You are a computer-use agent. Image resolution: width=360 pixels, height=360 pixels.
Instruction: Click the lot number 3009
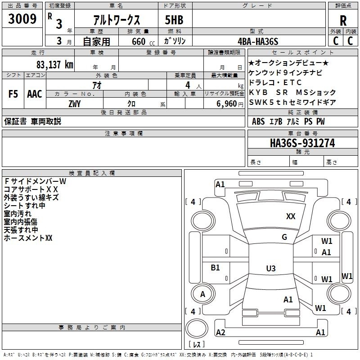pyautogui.click(x=22, y=19)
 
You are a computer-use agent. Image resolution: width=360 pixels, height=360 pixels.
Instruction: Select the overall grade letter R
pyautogui.click(x=343, y=20)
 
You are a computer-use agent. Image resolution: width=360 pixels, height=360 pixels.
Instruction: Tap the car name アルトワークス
pyautogui.click(x=116, y=20)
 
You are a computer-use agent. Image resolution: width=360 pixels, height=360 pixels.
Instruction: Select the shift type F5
pyautogui.click(x=13, y=94)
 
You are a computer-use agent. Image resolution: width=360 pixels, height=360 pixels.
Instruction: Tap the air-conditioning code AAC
pyautogui.click(x=34, y=94)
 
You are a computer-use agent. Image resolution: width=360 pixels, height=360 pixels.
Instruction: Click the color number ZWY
pyautogui.click(x=74, y=104)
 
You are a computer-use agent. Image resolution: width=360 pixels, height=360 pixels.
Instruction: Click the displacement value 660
pyautogui.click(x=139, y=41)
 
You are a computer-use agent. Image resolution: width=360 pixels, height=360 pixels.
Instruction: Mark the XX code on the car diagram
pyautogui.click(x=291, y=216)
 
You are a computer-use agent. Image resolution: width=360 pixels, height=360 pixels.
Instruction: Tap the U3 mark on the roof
pyautogui.click(x=270, y=269)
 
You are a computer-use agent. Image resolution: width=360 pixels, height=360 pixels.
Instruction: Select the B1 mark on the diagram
pyautogui.click(x=215, y=267)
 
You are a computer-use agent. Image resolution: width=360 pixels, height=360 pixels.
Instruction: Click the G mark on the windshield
pyautogui.click(x=284, y=237)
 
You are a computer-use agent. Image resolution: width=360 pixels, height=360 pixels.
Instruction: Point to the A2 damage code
pyautogui.click(x=220, y=332)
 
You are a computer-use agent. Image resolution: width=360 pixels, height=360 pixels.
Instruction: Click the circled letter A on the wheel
pyautogui.click(x=202, y=294)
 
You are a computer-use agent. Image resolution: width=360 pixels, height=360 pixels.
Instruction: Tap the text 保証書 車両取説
pyautogui.click(x=32, y=121)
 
